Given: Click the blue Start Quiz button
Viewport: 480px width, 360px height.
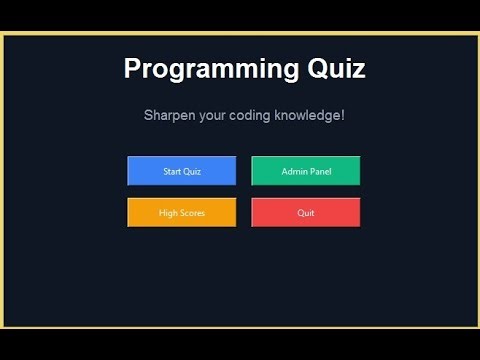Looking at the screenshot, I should coord(182,171).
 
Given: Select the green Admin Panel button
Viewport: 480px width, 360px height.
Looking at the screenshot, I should coord(306,171).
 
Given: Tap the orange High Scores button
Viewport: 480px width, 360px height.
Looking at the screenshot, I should coord(182,213).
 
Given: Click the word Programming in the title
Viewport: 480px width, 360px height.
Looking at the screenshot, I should coord(207,69).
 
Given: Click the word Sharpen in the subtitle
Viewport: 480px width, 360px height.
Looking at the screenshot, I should coord(169,116).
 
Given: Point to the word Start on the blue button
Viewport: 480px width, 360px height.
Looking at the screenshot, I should coord(173,172).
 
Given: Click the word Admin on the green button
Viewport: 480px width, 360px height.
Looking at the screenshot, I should coord(294,172).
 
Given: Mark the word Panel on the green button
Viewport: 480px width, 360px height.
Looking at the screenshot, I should coord(320,172).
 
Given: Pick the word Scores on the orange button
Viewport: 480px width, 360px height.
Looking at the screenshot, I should coord(192,213).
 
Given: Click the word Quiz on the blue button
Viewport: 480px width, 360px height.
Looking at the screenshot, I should coord(193,172).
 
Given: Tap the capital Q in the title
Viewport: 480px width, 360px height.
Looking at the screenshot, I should coord(310,69).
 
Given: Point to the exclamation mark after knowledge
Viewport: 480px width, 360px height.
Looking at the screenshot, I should coord(343,116).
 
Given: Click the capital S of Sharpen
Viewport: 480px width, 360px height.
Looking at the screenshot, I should coord(148,116).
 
